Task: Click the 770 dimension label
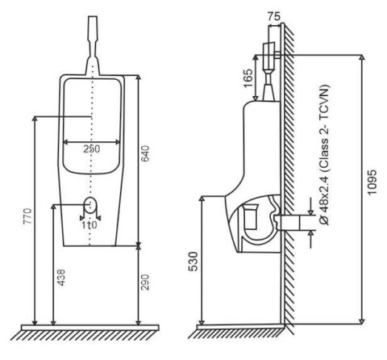27,216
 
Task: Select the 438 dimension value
61,277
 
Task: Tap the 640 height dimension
145,153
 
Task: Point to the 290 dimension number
145,282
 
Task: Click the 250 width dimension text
91,149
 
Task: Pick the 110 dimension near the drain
89,224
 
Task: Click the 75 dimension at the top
274,16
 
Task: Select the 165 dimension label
248,78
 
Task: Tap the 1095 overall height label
372,182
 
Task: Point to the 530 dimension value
193,262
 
